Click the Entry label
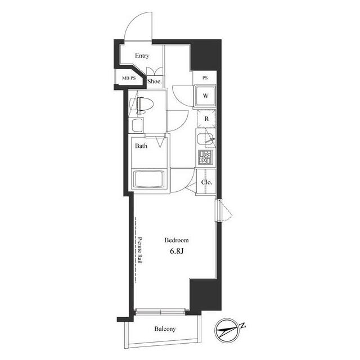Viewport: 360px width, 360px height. (142, 56)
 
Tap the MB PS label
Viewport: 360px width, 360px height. (129, 78)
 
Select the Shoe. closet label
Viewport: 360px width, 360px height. (155, 81)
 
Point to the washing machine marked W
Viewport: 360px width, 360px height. (205, 96)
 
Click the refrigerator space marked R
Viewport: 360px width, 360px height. (206, 119)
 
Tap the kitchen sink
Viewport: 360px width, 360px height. (205, 139)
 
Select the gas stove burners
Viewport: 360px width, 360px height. (205, 157)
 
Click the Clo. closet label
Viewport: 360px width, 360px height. (206, 182)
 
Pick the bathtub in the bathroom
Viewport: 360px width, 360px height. (150, 179)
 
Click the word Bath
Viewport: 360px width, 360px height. (141, 146)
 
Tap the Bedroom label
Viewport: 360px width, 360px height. (177, 240)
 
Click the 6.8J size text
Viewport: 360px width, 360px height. (177, 251)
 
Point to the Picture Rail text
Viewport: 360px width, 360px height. (139, 250)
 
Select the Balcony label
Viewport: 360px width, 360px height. (165, 328)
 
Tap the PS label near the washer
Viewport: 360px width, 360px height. (205, 78)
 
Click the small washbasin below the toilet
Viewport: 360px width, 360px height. (137, 125)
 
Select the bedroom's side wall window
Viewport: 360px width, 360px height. (219, 210)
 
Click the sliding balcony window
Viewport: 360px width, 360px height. (160, 312)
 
